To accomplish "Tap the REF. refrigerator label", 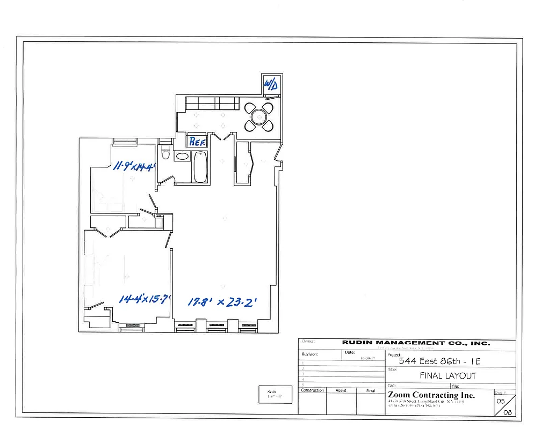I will point(196,142).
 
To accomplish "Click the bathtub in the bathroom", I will point(200,167).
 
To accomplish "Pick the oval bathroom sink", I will point(183,157).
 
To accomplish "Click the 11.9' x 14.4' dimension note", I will point(134,166).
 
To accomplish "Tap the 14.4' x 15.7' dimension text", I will point(145,299).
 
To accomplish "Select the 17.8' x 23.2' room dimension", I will point(222,302).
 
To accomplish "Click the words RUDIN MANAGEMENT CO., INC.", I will point(416,343).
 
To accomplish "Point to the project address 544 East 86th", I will point(439,361).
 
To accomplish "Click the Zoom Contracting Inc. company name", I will point(431,395).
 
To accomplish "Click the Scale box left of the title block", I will point(275,395).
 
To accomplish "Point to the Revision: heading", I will point(310,354).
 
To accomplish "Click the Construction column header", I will point(312,390).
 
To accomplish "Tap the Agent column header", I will point(341,390).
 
